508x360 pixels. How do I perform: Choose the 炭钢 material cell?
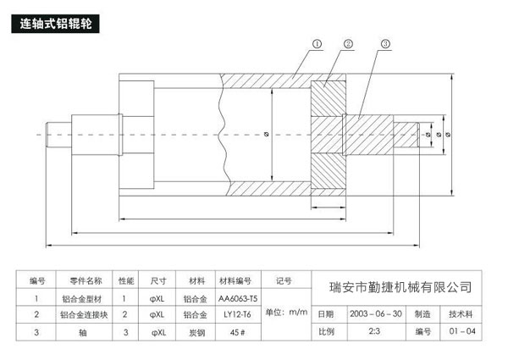(x=196, y=330)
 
